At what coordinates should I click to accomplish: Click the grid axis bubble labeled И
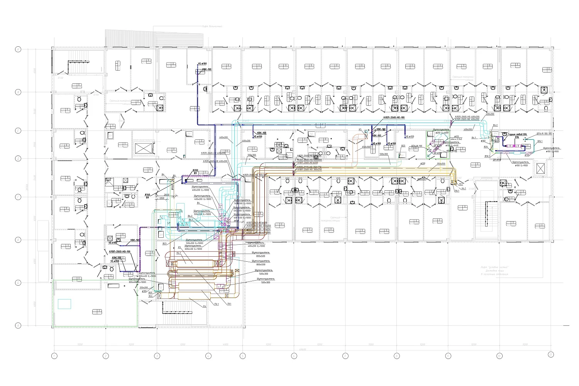18,49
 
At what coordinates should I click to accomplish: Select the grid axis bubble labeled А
18,326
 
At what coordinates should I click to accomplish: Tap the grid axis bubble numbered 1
54,355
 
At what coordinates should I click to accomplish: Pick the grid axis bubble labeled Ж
18,92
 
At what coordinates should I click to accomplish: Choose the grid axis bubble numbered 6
294,355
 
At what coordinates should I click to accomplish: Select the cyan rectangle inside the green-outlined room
64,304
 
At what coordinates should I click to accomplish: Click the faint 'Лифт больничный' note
212,26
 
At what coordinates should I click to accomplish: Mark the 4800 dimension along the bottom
225,344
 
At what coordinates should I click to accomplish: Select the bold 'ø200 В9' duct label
195,172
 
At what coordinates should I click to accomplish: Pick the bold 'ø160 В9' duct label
147,196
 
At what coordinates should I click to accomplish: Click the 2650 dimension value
167,195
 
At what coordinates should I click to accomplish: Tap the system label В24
151,296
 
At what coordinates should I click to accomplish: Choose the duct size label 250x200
144,288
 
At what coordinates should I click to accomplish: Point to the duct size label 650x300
366,147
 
